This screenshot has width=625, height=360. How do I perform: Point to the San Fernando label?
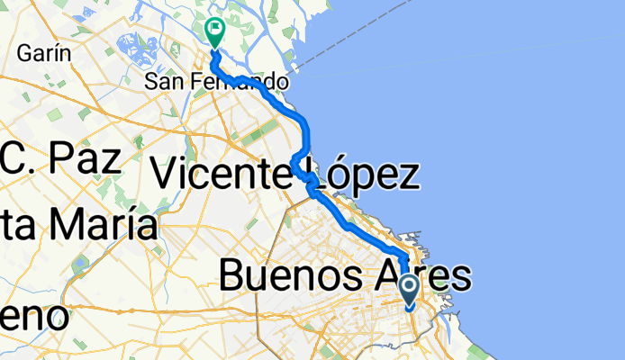click(217, 81)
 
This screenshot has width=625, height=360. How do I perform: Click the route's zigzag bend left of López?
click(297, 165)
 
